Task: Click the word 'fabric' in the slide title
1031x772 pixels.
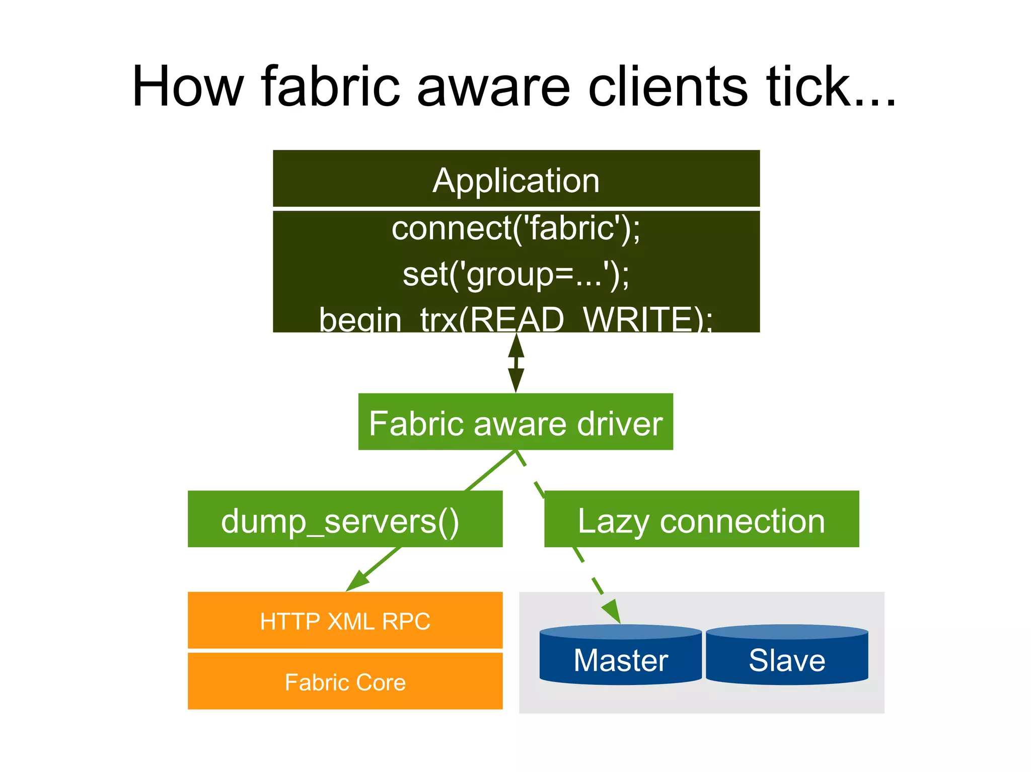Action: (331, 87)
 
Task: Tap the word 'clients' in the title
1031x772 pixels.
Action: (668, 87)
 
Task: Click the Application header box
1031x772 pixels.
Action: (516, 180)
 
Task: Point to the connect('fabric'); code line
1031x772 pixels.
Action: (516, 229)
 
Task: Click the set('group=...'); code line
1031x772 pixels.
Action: (516, 275)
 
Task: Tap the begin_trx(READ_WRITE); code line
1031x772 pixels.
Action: (516, 319)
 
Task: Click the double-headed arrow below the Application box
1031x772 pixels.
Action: (516, 363)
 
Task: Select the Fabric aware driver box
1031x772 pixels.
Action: (515, 422)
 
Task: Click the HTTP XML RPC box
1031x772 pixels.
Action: (345, 621)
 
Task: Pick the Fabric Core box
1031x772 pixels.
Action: (345, 681)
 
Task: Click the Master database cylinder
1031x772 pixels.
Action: (620, 656)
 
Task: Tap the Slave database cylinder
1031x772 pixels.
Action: (787, 656)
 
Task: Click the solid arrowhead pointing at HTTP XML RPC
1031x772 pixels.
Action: (358, 581)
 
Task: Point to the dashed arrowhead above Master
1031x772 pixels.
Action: (612, 611)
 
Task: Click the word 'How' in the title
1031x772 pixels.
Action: (188, 87)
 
